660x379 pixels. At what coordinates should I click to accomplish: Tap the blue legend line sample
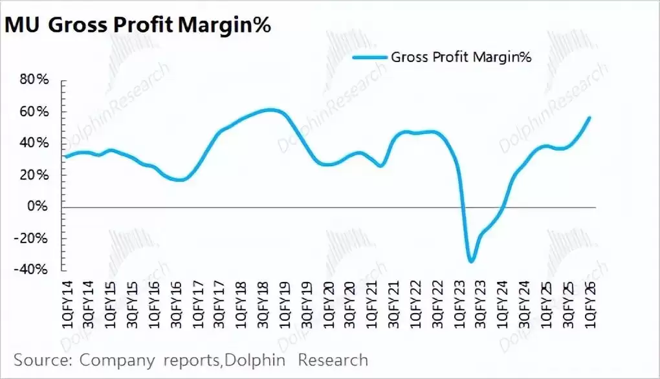[369, 58]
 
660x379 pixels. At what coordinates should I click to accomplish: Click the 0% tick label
[39, 207]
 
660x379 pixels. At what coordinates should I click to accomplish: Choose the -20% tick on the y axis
[32, 238]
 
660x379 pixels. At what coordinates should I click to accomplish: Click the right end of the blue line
[589, 117]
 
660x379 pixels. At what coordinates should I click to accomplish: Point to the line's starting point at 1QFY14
[66, 157]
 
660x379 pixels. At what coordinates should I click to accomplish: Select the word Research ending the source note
[333, 360]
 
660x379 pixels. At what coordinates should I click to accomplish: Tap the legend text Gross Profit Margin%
[461, 58]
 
